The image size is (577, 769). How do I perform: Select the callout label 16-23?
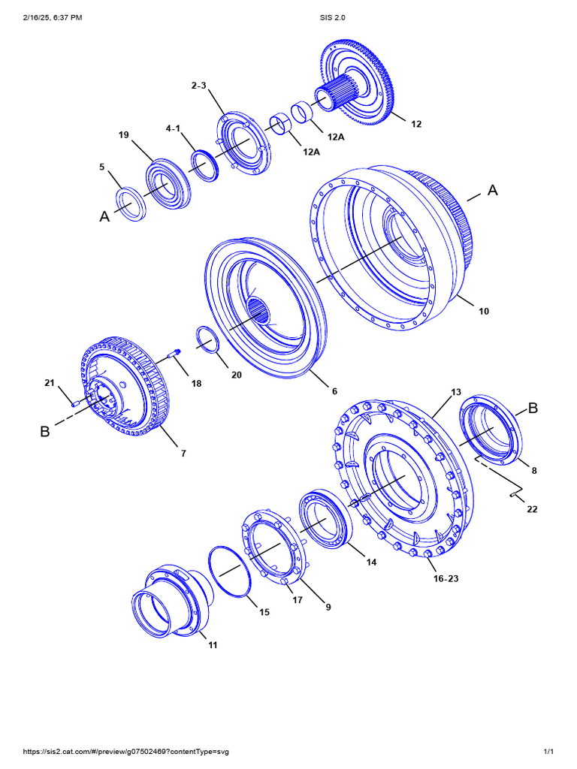click(446, 578)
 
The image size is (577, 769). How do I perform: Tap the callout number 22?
click(532, 509)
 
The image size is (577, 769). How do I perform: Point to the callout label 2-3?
click(198, 86)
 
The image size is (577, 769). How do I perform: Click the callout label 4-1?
click(174, 128)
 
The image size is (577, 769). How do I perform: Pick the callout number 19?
click(124, 135)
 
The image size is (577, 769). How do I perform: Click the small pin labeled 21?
click(76, 403)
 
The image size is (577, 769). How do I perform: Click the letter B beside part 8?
click(533, 409)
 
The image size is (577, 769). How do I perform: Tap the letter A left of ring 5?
click(104, 216)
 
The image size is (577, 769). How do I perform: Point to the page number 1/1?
click(548, 752)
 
